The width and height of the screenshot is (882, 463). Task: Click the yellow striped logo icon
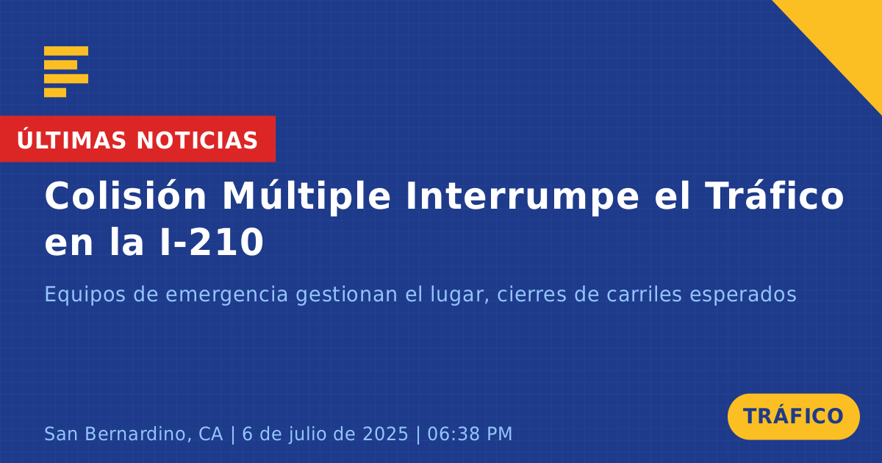click(x=65, y=72)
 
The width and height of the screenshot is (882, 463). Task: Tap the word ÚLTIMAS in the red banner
click(x=71, y=140)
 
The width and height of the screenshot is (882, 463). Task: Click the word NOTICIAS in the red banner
click(x=197, y=140)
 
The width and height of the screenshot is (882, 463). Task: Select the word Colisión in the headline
click(x=125, y=195)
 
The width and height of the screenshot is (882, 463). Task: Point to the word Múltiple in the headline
click(x=306, y=196)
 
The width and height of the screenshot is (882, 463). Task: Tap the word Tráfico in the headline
click(x=774, y=195)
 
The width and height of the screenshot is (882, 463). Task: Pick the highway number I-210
click(x=212, y=242)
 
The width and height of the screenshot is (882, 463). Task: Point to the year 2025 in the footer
click(x=385, y=434)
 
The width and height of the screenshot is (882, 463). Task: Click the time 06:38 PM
click(x=470, y=434)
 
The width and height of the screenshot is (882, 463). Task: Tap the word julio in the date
click(x=311, y=434)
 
